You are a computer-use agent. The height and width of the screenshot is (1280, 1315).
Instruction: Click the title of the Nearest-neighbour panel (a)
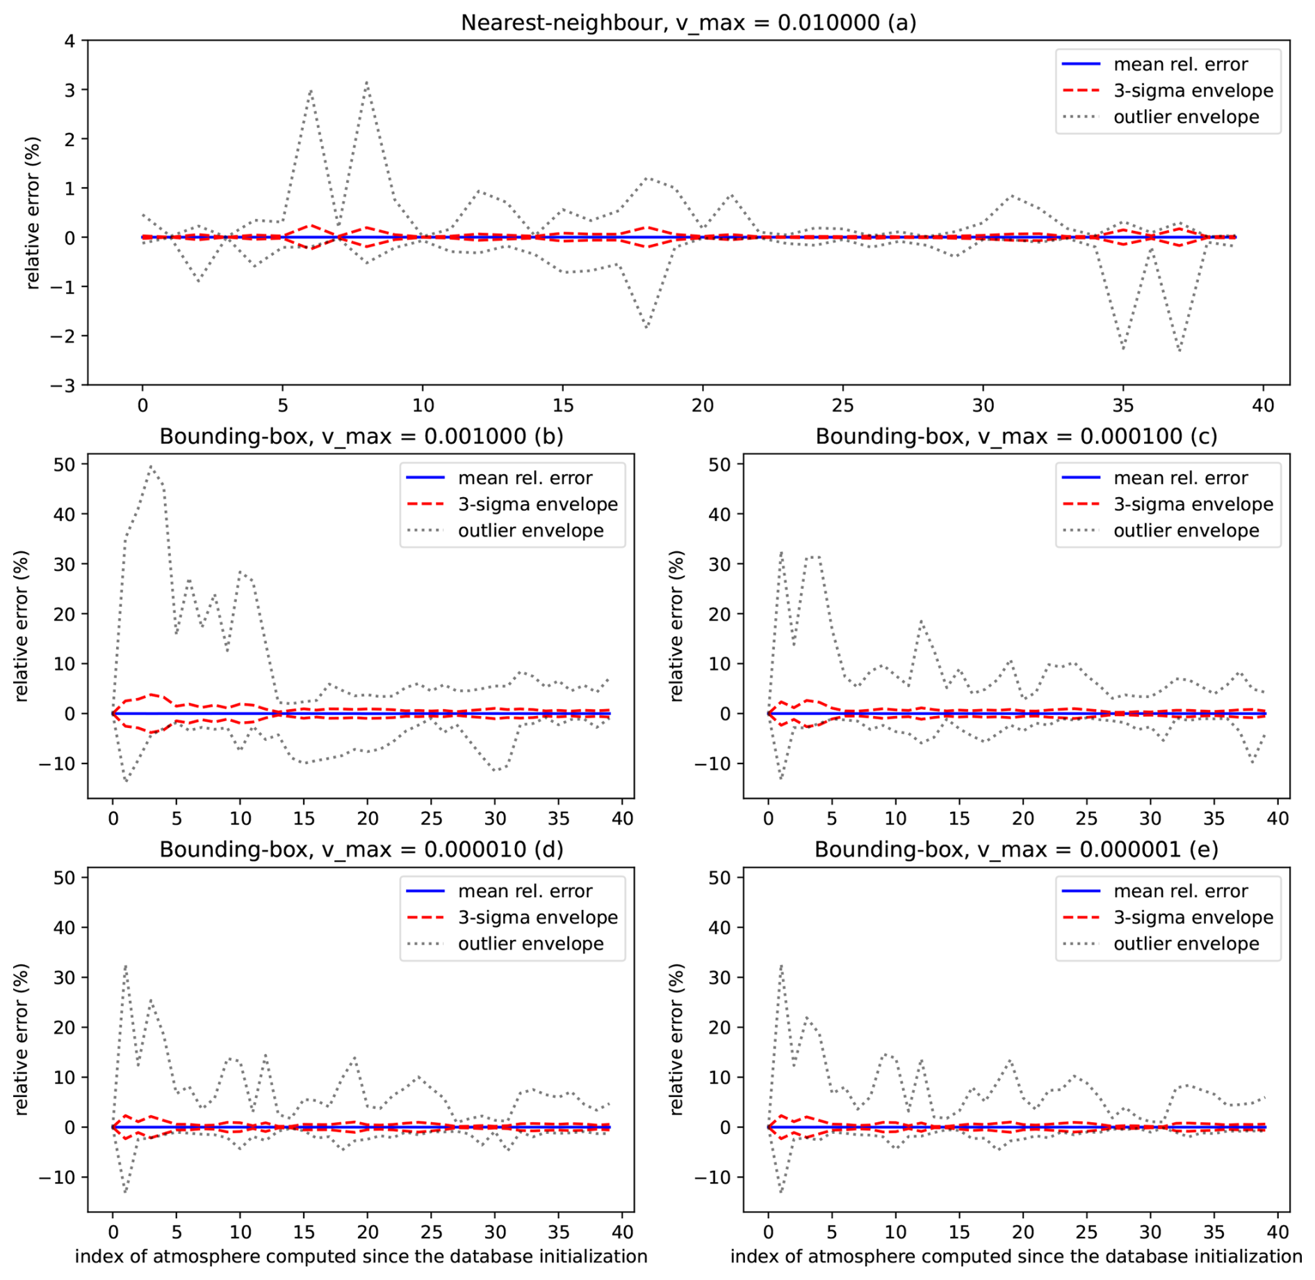(x=688, y=23)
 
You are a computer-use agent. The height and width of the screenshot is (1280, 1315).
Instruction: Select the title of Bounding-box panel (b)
(x=361, y=436)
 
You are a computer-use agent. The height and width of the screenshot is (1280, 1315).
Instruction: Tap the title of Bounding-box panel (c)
(x=1016, y=436)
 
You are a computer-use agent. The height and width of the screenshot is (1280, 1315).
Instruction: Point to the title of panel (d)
(x=361, y=849)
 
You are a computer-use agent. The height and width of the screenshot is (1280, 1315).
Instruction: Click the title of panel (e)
(x=1016, y=849)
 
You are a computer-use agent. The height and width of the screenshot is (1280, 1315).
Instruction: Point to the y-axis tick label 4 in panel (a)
(x=70, y=41)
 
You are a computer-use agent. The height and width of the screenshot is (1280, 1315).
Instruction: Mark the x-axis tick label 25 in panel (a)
(x=842, y=405)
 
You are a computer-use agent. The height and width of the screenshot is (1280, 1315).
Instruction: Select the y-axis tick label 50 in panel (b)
(x=65, y=464)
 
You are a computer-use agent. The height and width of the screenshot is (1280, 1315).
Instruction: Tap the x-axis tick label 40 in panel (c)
(x=1277, y=818)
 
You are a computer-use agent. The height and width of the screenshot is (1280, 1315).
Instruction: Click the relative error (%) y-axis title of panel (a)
(x=32, y=213)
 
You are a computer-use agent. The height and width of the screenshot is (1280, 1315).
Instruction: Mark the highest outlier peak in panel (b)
(x=151, y=467)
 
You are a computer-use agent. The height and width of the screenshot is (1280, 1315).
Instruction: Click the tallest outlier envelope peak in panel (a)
(x=366, y=83)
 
